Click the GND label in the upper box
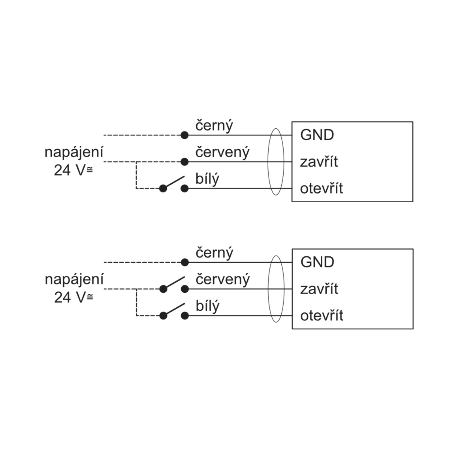tap(317, 135)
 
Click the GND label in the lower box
tap(317, 262)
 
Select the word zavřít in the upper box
tap(319, 162)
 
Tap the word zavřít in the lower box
tap(319, 288)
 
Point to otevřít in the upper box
tap(321, 188)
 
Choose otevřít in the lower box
tap(322, 315)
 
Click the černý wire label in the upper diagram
tap(214, 126)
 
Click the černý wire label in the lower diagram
tap(214, 253)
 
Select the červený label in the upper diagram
tap(222, 152)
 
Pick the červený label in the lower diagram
tap(223, 280)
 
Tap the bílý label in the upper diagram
tap(207, 179)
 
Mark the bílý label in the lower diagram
tap(207, 306)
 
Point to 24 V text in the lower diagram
tap(70, 297)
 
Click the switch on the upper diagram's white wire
tap(174, 184)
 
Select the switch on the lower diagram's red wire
tap(174, 285)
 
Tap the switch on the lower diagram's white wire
tap(174, 312)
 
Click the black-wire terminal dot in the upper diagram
tap(184, 135)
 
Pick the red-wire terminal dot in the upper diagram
tap(184, 162)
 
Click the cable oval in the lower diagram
tap(268, 289)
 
